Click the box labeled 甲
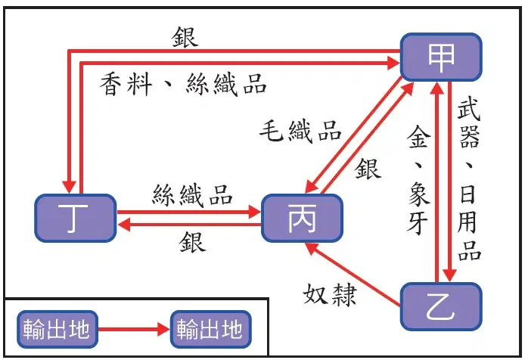[x=441, y=57]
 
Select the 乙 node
[x=441, y=307]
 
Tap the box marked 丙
[x=302, y=218]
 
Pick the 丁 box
[x=76, y=218]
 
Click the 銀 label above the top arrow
[x=185, y=37]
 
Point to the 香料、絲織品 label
[x=183, y=85]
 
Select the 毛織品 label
[x=300, y=132]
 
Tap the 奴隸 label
[x=330, y=294]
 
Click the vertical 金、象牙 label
[x=418, y=180]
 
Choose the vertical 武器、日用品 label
[x=470, y=180]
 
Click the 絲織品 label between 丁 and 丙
[x=192, y=195]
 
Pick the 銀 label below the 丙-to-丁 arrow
[x=192, y=242]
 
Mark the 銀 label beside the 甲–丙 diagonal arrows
[x=368, y=169]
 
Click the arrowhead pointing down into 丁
[x=70, y=186]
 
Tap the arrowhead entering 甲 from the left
[x=393, y=63]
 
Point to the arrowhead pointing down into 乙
[x=449, y=275]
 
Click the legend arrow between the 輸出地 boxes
[x=134, y=329]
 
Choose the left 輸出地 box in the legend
[x=57, y=329]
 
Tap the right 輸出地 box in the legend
[x=210, y=329]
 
